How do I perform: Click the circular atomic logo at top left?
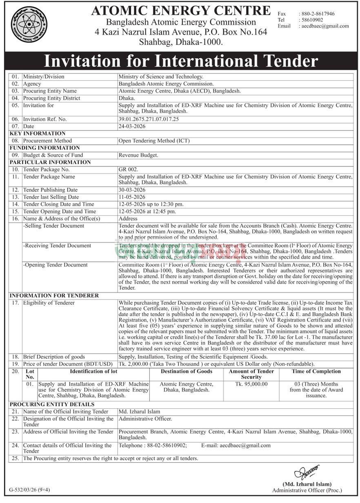(29, 24)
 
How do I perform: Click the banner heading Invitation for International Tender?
(180, 61)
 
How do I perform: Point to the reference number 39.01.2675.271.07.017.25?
(149, 120)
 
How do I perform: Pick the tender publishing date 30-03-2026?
(132, 190)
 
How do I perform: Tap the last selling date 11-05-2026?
(132, 197)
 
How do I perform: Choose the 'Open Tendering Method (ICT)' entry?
(154, 141)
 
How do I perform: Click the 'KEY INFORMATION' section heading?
(38, 133)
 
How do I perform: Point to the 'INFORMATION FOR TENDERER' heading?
(54, 295)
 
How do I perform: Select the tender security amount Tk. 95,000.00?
(251, 384)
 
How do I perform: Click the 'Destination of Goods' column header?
(186, 371)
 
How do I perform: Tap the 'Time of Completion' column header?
(316, 371)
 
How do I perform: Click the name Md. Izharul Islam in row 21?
(139, 412)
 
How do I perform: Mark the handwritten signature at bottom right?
(307, 472)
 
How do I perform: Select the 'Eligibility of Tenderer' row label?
(49, 303)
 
